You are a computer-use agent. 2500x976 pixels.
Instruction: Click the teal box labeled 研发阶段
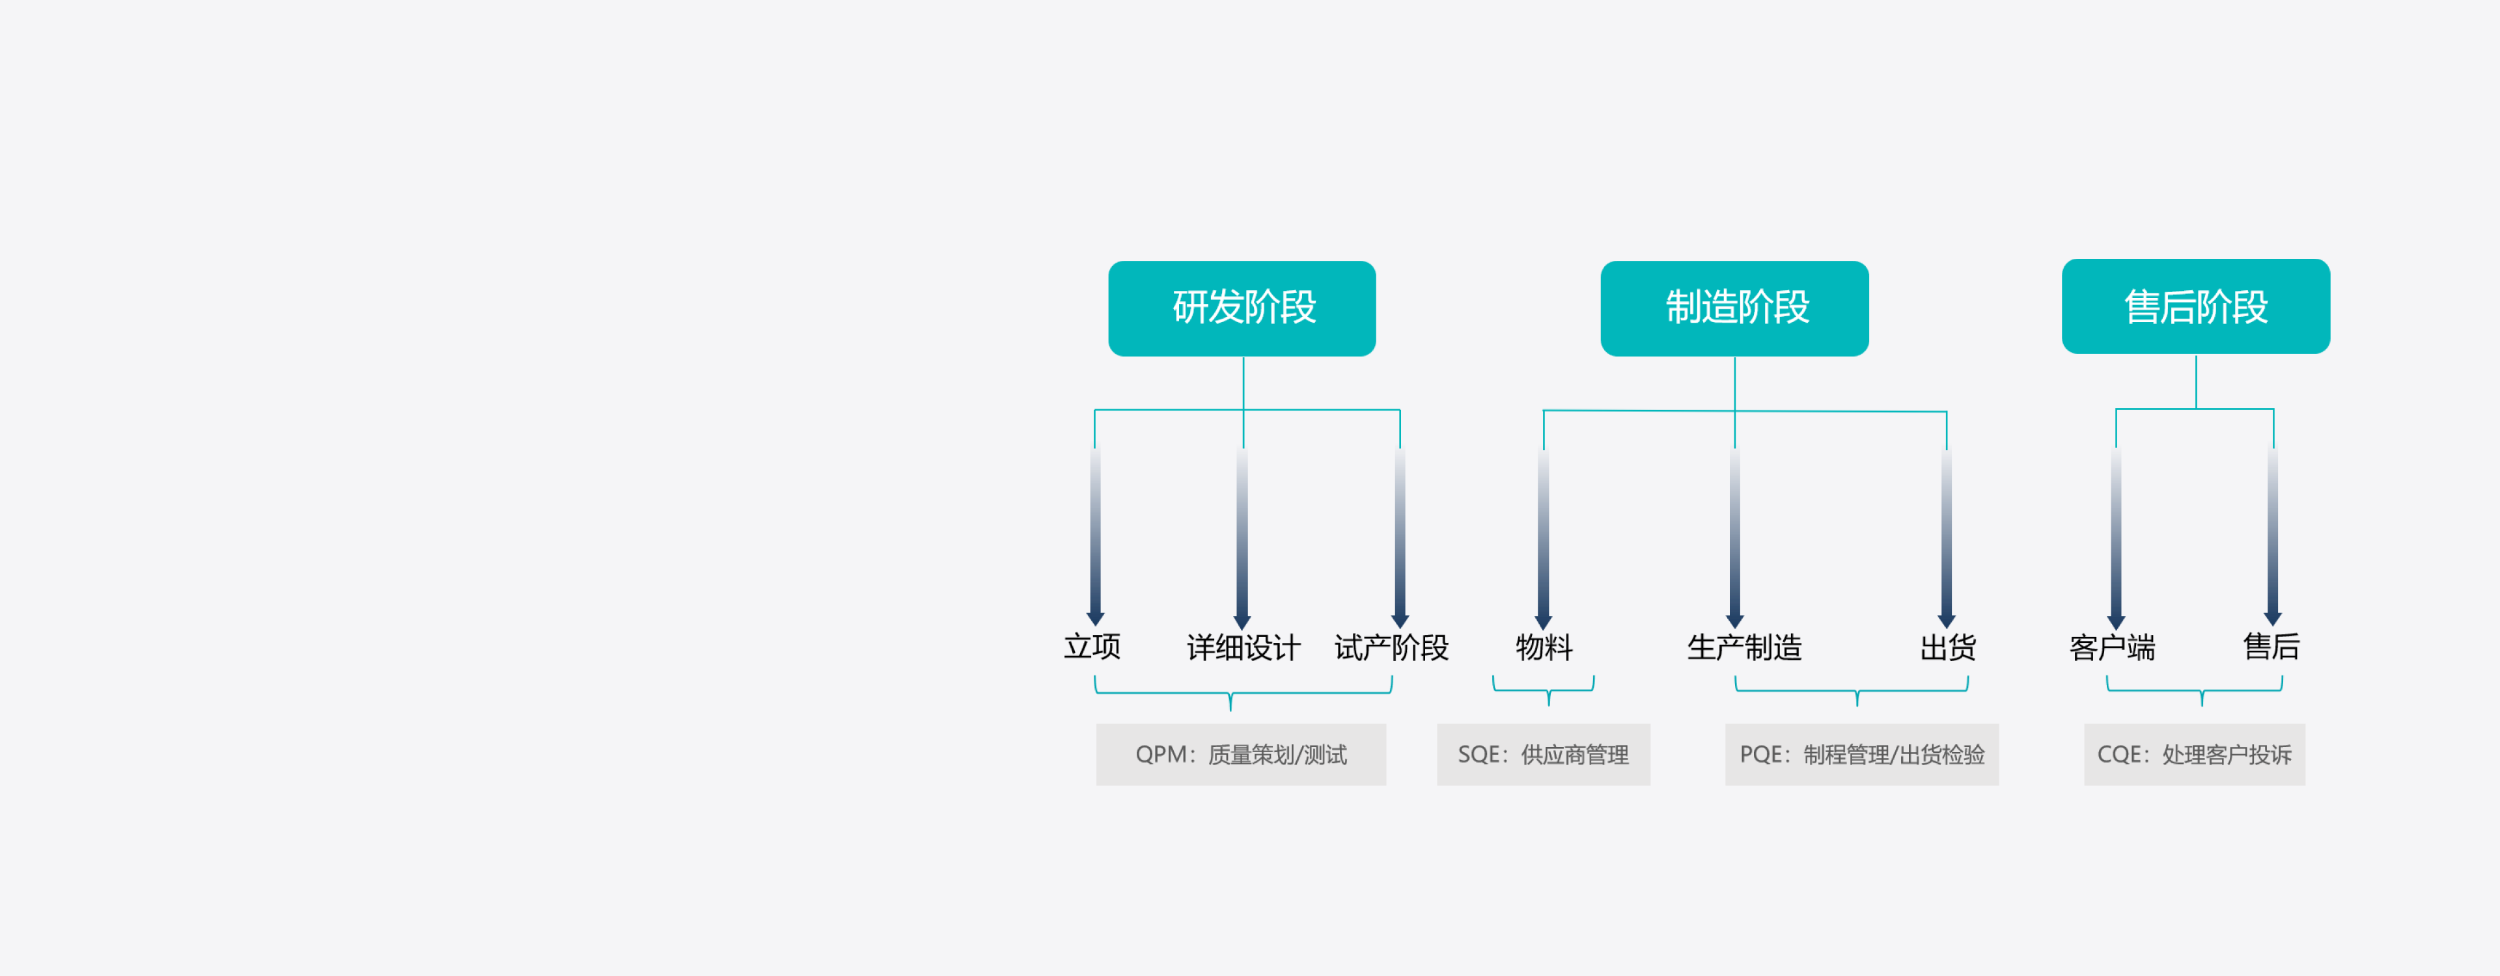point(1242,308)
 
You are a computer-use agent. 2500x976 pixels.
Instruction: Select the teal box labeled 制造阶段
point(1734,308)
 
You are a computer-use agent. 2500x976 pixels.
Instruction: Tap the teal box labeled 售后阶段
point(2195,306)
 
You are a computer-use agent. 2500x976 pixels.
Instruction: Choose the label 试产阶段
point(1391,647)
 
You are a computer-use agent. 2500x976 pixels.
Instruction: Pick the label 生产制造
point(1744,647)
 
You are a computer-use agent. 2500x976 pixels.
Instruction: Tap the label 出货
point(1947,647)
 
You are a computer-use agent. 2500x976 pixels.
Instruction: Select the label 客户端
point(2112,647)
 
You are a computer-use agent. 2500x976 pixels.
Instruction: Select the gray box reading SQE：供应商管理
point(1543,754)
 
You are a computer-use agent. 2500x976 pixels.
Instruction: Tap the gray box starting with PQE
point(1861,754)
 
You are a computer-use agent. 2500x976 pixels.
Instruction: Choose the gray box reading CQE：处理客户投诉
point(2194,754)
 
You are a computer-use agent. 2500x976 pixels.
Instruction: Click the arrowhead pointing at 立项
point(1094,618)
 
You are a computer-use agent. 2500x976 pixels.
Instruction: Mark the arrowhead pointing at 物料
point(1543,621)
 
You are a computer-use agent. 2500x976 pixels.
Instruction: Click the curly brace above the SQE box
point(1544,691)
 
